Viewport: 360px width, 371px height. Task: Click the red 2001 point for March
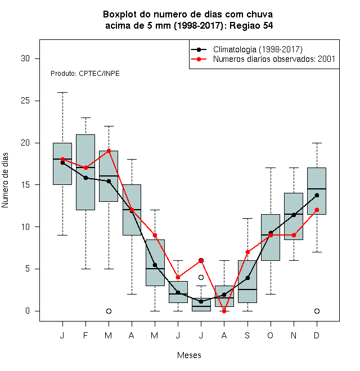click(109, 151)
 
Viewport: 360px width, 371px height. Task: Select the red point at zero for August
click(224, 311)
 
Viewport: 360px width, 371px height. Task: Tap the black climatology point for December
click(317, 195)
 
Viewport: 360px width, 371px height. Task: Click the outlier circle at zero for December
click(317, 311)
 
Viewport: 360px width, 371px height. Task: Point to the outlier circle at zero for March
click(109, 311)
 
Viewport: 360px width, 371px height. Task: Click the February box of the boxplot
click(85, 172)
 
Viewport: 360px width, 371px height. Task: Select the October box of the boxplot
click(271, 237)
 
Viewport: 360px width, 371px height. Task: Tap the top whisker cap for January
click(62, 93)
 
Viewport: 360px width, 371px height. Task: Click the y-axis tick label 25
click(25, 101)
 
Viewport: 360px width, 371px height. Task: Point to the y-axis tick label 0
click(28, 311)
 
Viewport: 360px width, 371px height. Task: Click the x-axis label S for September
click(247, 335)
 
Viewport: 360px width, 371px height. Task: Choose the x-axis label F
click(85, 335)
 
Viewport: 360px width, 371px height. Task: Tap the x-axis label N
click(294, 335)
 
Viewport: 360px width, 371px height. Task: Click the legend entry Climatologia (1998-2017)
click(246, 49)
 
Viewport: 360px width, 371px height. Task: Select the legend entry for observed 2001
click(263, 59)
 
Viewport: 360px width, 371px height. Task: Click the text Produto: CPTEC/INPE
click(85, 74)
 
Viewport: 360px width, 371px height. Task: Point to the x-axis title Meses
click(189, 355)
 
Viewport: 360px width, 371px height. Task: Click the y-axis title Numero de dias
click(5, 180)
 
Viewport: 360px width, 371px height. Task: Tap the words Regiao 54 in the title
click(251, 25)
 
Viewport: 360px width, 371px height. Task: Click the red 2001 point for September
click(247, 252)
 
